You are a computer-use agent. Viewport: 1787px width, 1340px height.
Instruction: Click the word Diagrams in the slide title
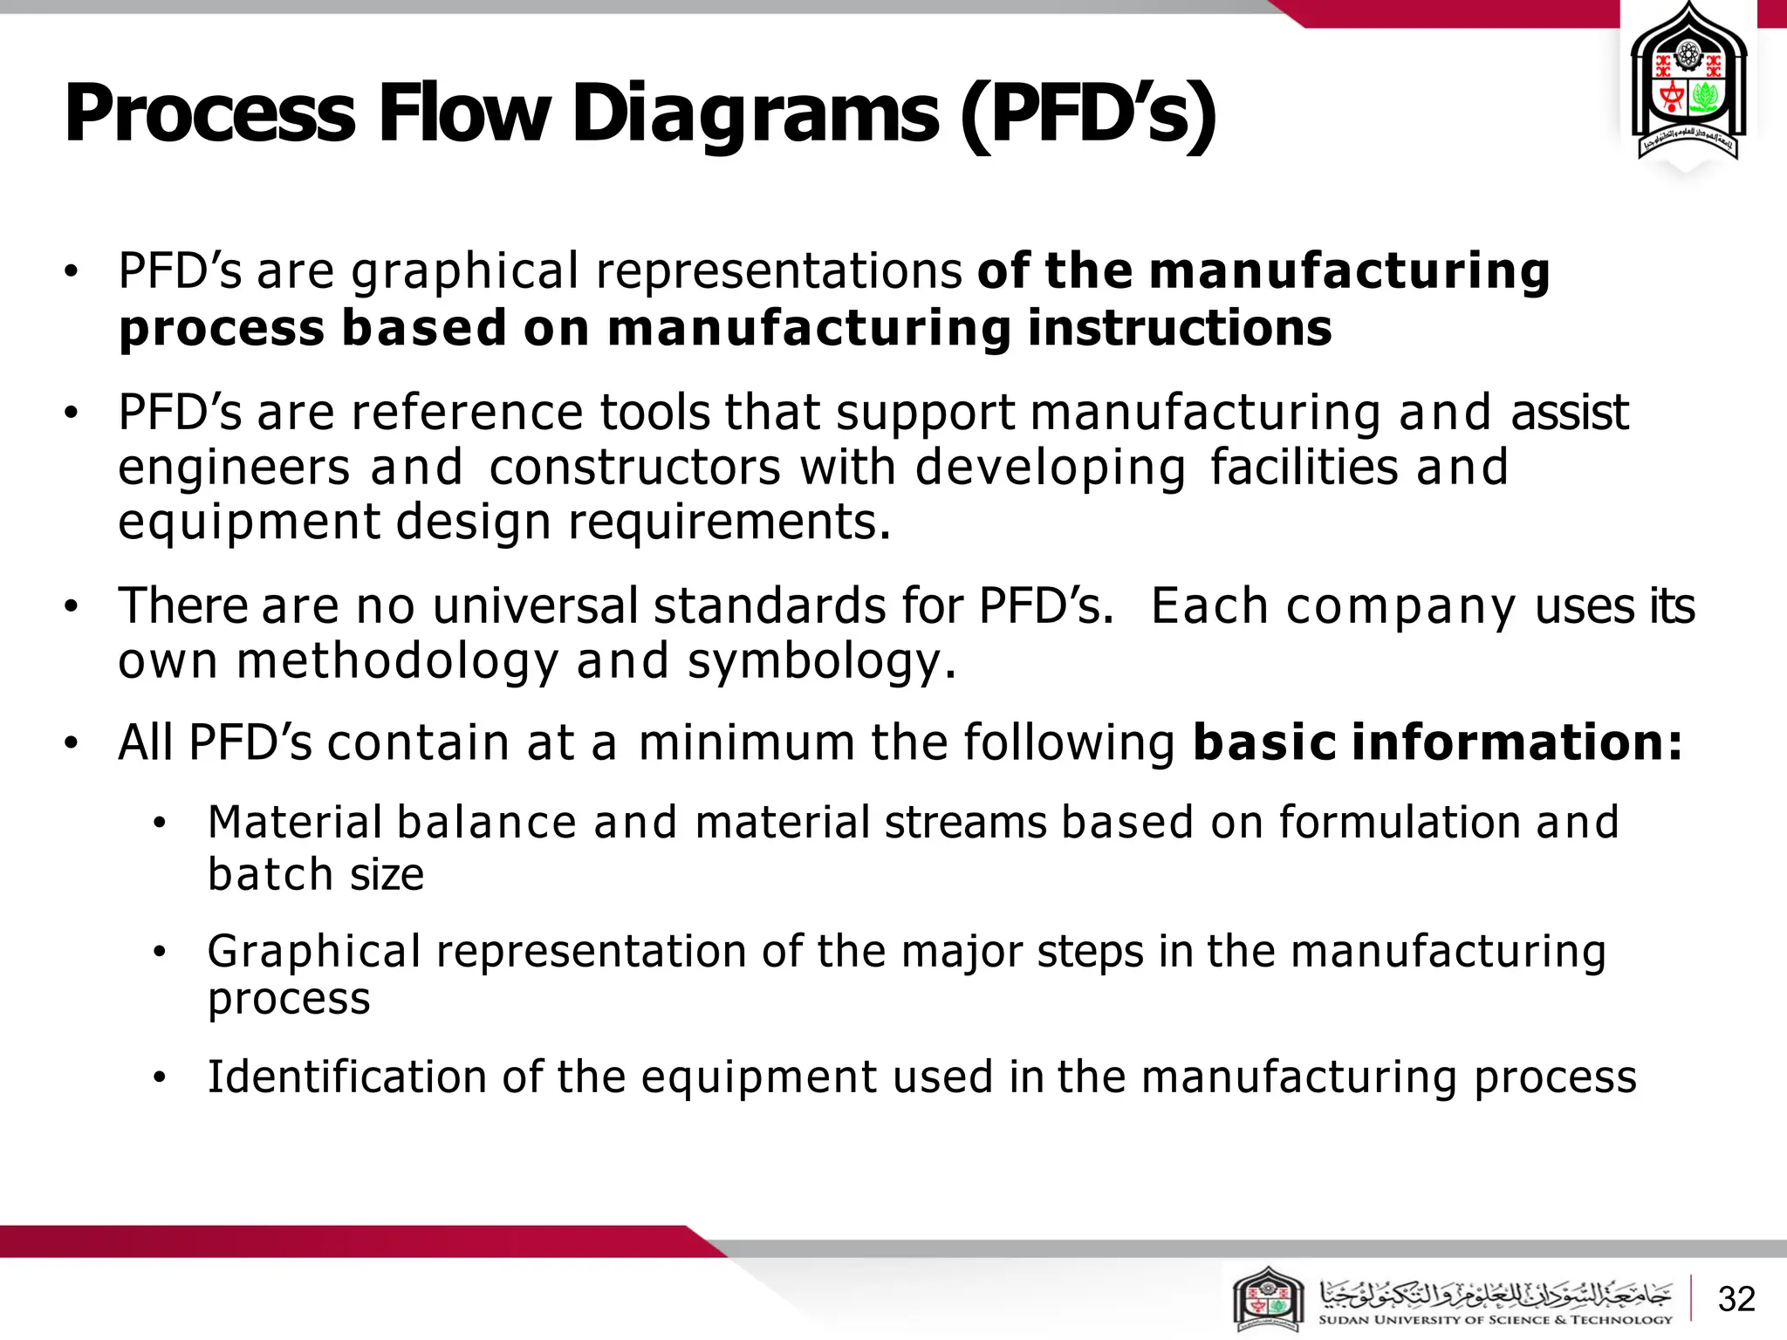(x=755, y=113)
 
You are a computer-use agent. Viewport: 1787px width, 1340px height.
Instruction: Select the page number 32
(x=1736, y=1299)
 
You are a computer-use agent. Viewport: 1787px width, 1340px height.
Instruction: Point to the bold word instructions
(x=1179, y=328)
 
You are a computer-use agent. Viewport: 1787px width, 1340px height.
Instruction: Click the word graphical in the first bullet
(x=464, y=272)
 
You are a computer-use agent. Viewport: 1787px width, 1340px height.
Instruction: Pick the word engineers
(x=234, y=468)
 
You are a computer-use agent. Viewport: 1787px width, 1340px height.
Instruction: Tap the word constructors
(x=634, y=468)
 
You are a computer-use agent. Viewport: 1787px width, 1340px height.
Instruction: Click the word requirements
(x=729, y=523)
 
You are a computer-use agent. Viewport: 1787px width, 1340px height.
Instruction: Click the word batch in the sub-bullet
(x=270, y=874)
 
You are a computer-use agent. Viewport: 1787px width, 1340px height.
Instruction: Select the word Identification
(x=346, y=1077)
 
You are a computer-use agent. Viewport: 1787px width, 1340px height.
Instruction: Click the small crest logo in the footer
(x=1268, y=1300)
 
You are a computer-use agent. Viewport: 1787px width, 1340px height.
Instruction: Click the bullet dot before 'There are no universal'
(x=72, y=605)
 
